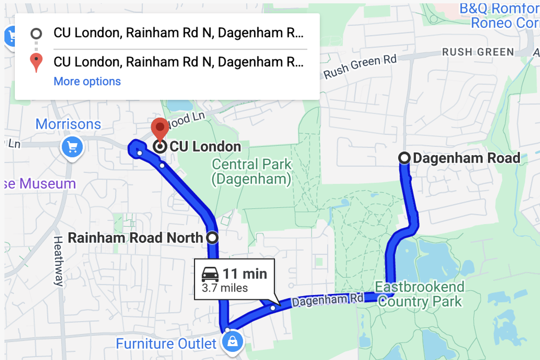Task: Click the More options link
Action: pos(87,81)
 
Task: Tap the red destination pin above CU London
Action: pos(159,128)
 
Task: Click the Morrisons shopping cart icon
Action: pos(72,147)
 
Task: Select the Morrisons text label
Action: pos(68,124)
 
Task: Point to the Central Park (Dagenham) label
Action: pos(252,171)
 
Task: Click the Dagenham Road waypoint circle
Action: pos(405,158)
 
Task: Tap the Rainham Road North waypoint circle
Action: pos(212,238)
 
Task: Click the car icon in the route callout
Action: pos(210,274)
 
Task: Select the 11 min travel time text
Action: pos(245,274)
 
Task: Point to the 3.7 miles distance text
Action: pos(225,288)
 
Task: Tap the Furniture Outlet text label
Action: pos(166,344)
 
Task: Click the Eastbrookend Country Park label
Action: pos(420,294)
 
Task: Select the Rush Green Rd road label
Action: pos(360,67)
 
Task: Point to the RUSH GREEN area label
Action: pos(478,52)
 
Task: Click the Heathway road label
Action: pos(58,261)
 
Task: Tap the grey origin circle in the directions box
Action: pos(36,33)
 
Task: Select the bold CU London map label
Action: pos(205,147)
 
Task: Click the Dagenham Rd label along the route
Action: pos(327,301)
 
